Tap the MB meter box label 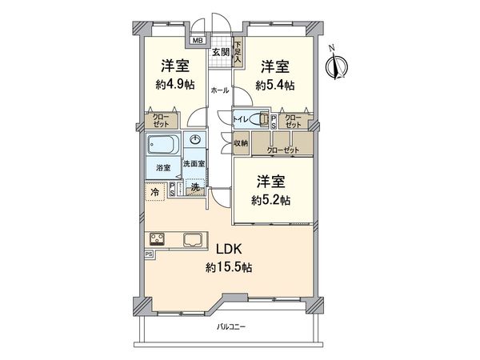pyautogui.click(x=197, y=41)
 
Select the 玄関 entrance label pyautogui.click(x=220, y=53)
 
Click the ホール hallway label pyautogui.click(x=220, y=90)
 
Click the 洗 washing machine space pyautogui.click(x=194, y=189)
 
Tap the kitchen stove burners pyautogui.click(x=156, y=239)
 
